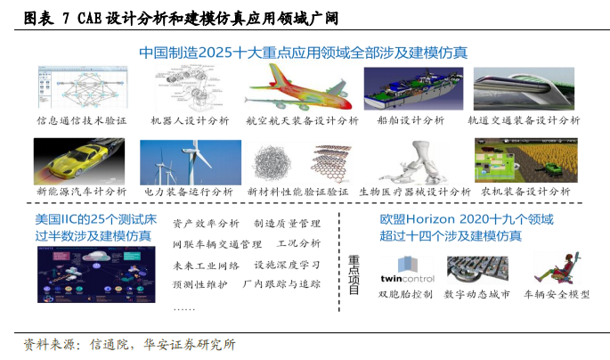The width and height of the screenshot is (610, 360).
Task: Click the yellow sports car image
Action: point(79,161)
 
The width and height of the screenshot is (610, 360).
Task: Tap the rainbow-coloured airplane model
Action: point(297,89)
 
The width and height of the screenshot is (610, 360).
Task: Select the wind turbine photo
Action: point(191,162)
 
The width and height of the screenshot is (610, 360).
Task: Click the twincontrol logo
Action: point(407,269)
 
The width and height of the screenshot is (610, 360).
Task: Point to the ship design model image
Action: point(413,89)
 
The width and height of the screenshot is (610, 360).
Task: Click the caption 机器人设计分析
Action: point(190,120)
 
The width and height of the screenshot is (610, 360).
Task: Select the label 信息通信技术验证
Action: point(82,120)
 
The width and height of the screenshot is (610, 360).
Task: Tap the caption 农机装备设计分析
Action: point(525,192)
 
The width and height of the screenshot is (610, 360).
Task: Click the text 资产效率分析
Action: point(206,224)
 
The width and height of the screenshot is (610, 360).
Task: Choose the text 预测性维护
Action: point(200,284)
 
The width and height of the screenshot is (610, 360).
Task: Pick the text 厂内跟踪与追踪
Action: point(281,283)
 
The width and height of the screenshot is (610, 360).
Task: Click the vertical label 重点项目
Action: point(354,274)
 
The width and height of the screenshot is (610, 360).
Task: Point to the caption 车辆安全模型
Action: point(557,294)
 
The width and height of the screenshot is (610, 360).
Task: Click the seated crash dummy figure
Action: point(557,267)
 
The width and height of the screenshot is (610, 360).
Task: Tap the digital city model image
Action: point(477,269)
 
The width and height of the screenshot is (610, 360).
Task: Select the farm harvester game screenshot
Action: point(526,160)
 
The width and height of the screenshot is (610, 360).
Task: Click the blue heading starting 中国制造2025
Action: point(304,53)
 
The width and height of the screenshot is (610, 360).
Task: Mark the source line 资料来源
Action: point(129,345)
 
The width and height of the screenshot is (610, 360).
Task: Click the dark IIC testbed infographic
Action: point(96,274)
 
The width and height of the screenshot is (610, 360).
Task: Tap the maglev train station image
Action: point(524,89)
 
